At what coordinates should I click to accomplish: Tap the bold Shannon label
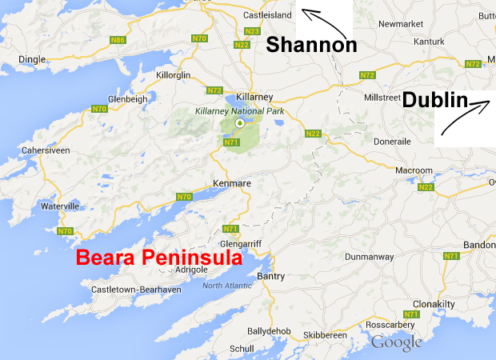pos(311,45)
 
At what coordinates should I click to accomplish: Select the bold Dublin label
pos(434,100)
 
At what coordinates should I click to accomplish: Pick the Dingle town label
pos(32,58)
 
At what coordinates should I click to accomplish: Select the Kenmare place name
pos(232,184)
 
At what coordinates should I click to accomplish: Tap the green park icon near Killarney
pos(238,123)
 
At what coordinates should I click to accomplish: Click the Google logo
pos(396,342)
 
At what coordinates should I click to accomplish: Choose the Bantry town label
pos(270,276)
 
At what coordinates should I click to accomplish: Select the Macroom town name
pos(414,170)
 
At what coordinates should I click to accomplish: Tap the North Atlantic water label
pos(226,286)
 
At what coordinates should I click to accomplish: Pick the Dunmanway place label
pos(370,258)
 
